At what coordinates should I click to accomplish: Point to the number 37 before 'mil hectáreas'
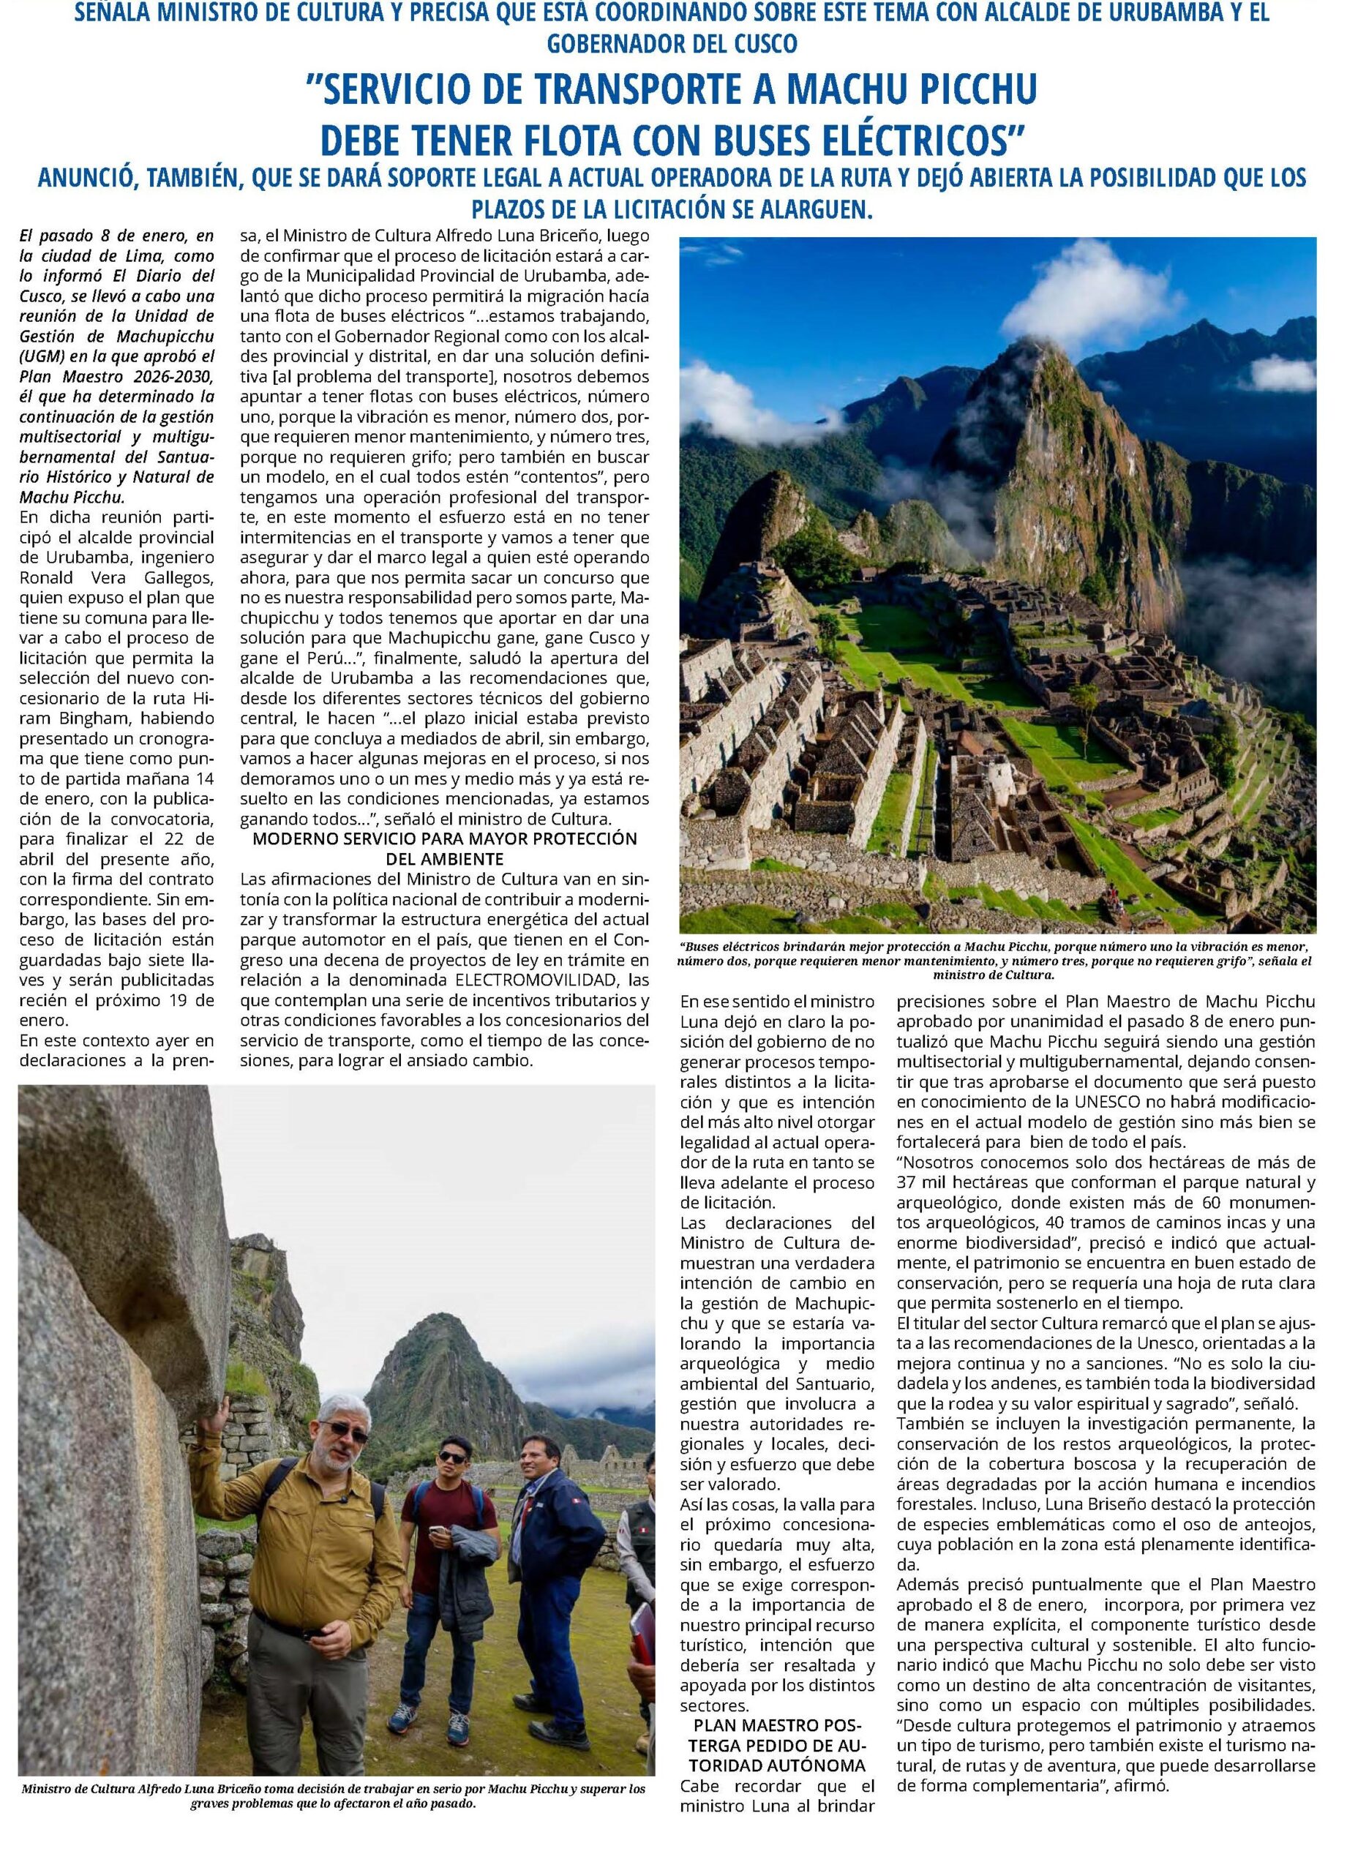click(x=909, y=1182)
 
